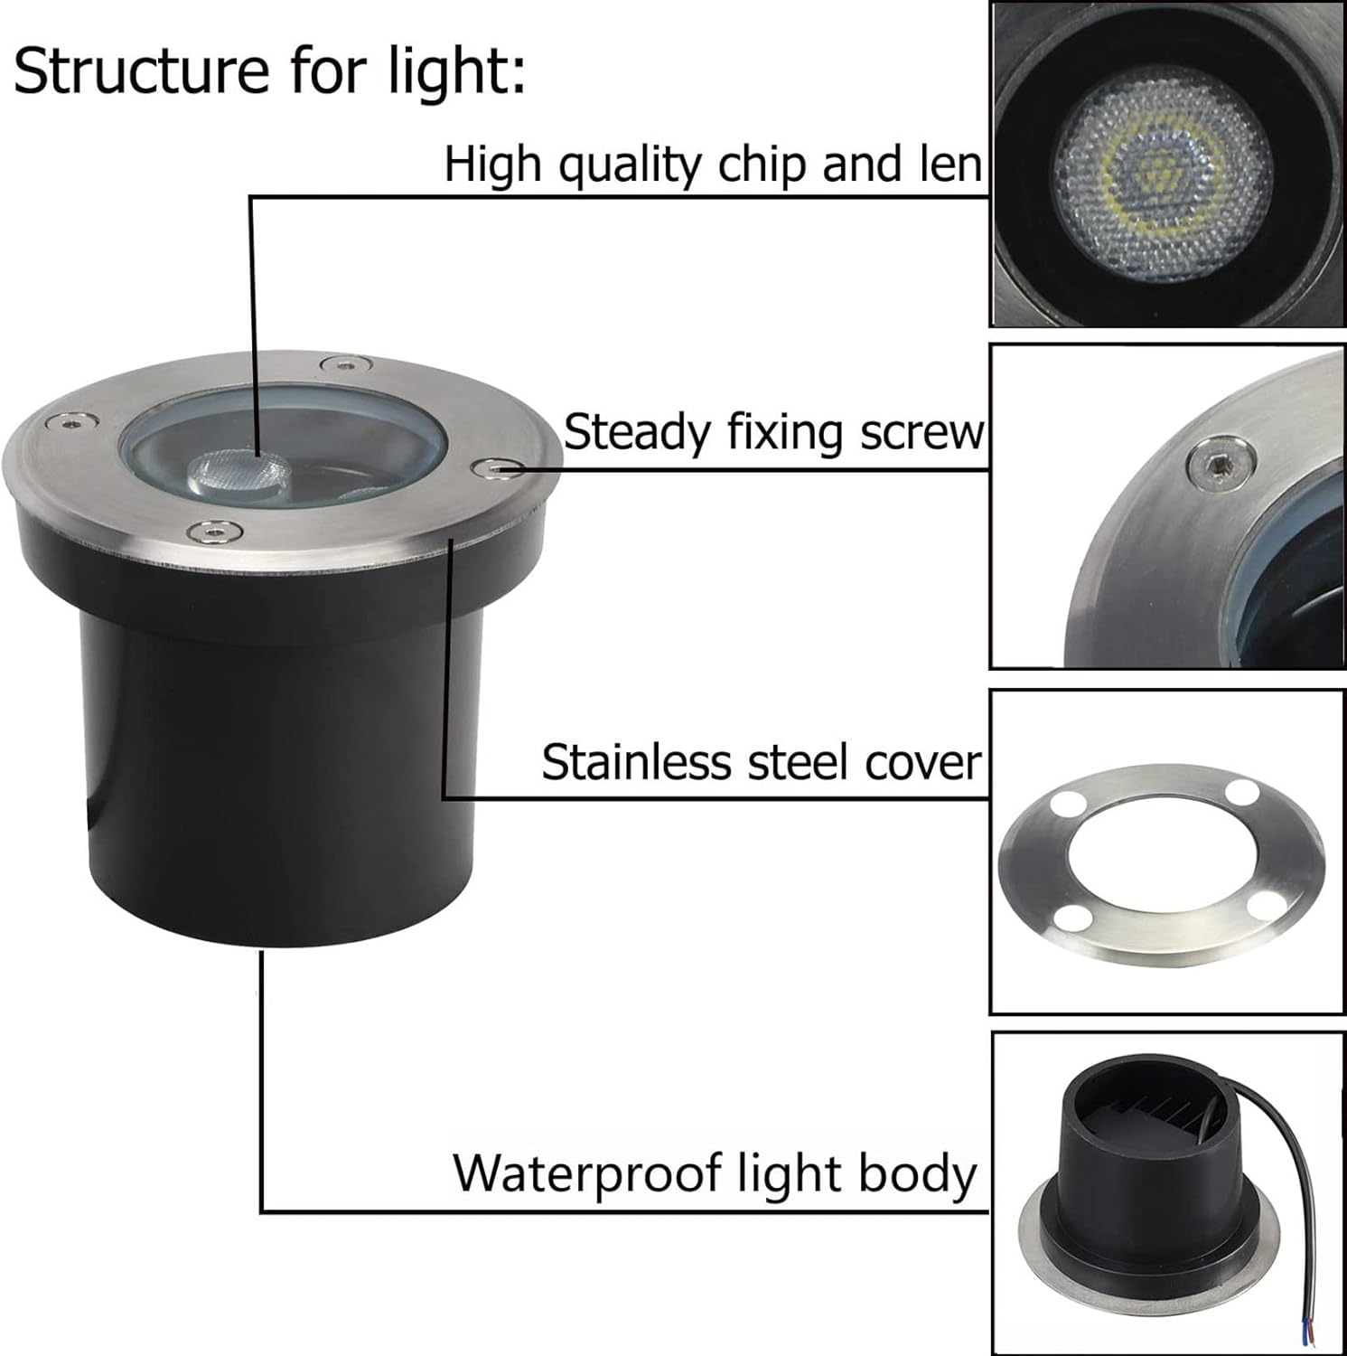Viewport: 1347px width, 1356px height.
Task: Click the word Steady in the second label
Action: [x=638, y=433]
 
